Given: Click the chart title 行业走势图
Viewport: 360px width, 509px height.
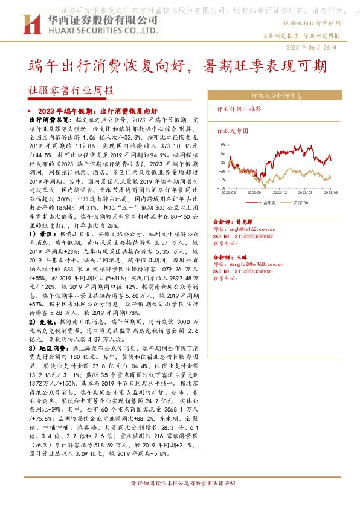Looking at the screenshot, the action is (x=233, y=130).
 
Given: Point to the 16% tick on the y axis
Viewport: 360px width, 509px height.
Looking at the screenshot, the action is (x=222, y=145).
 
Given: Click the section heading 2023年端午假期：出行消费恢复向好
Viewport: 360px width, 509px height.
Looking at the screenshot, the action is (x=97, y=112).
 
